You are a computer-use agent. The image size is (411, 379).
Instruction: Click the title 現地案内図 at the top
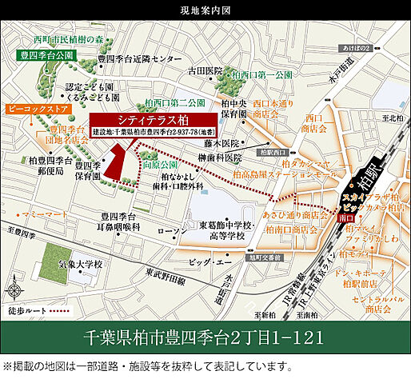click(x=205, y=10)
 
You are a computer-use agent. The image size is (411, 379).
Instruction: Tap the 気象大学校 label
click(x=61, y=264)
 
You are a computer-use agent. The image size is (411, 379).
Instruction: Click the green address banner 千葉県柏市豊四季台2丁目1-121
click(x=205, y=336)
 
